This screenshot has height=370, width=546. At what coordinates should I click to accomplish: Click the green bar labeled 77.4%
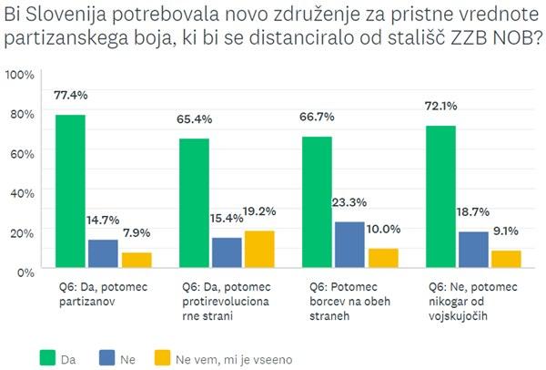71,191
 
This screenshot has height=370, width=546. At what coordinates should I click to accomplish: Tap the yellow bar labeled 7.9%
136,260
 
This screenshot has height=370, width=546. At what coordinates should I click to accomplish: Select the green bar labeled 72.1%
441,197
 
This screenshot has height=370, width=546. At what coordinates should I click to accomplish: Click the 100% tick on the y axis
19,74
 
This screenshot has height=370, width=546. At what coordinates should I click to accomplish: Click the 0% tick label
24,271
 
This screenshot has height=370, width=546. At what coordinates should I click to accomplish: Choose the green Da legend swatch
46,358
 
